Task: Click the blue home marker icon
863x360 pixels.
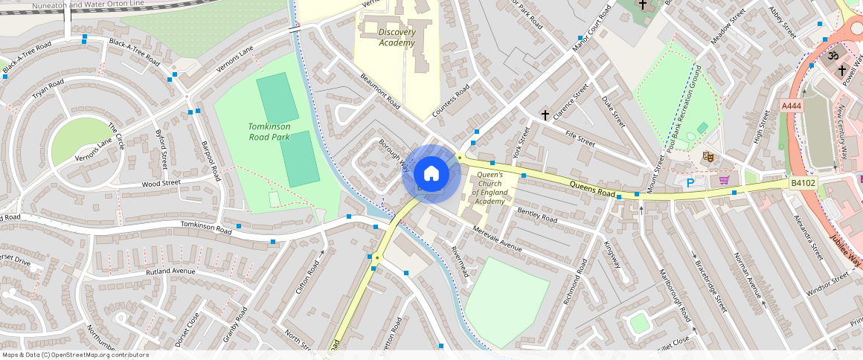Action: [431, 174]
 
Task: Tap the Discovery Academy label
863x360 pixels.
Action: [397, 37]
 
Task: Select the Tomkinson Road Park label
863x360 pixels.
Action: [269, 131]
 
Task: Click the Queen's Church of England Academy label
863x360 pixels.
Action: [490, 187]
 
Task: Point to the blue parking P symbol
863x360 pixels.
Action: [690, 182]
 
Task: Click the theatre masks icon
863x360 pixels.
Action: [708, 156]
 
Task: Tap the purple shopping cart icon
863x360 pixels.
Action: [724, 180]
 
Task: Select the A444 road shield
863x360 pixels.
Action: [792, 106]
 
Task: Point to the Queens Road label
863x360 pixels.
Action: [592, 188]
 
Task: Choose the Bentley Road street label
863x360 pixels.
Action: [537, 215]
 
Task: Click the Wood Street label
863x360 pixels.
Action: [161, 183]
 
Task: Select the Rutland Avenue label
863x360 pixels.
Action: [170, 271]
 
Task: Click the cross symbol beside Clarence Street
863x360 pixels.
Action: [545, 115]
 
